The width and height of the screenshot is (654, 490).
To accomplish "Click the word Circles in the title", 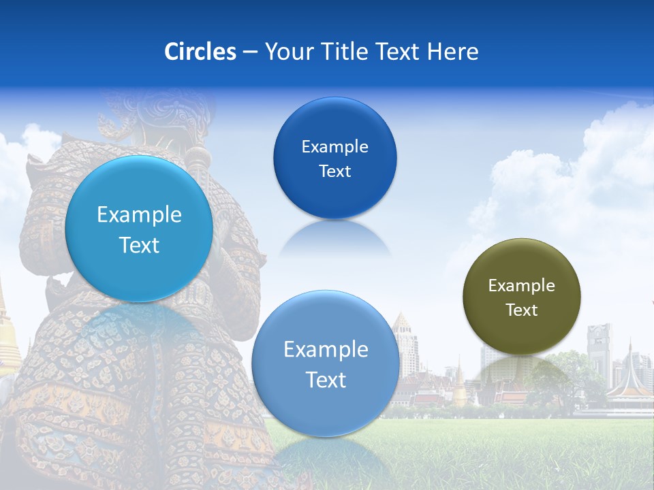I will click(200, 51).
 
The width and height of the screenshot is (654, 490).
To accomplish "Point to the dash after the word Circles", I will click(250, 52).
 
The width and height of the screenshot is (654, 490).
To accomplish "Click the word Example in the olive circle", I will click(521, 286).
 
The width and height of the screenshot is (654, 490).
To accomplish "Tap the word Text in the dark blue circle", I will click(334, 171).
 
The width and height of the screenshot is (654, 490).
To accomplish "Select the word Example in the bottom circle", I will click(325, 350).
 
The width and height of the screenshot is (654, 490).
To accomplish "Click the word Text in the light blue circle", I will click(139, 245).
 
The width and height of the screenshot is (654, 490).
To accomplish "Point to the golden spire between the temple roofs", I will click(460, 388).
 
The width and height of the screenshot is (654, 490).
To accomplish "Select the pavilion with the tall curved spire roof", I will click(630, 381).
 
